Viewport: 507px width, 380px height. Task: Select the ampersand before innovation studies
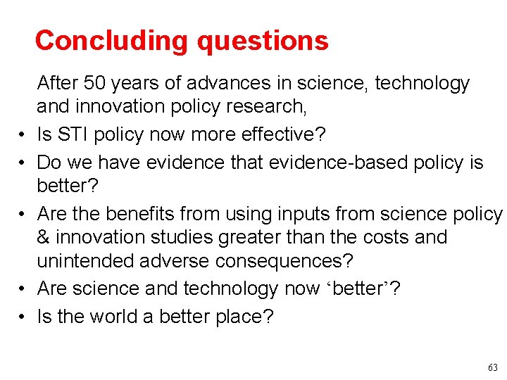tap(44, 237)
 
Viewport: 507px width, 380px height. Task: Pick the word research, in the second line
tap(272, 106)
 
